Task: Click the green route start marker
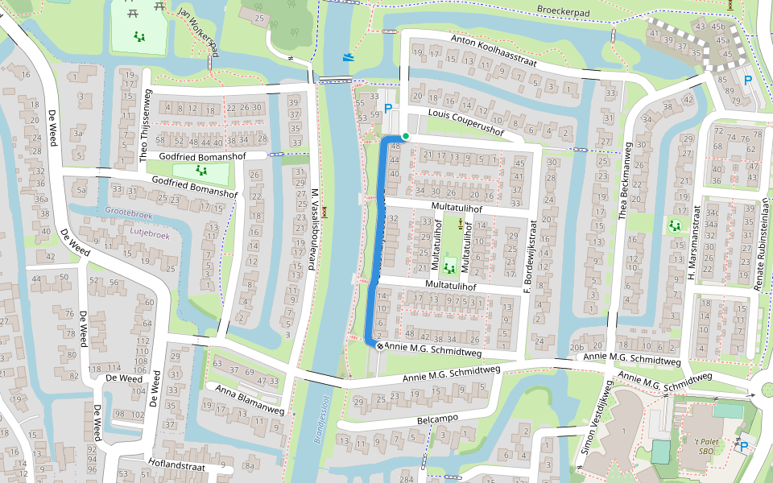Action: (x=406, y=136)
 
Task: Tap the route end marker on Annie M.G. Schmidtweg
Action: (x=379, y=346)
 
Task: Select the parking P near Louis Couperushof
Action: (x=388, y=109)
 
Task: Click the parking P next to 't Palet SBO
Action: (x=743, y=447)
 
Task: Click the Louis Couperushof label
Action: (x=460, y=122)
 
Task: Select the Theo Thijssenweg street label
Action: (x=147, y=125)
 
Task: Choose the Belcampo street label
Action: (x=437, y=419)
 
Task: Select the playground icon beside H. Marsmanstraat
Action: (x=673, y=226)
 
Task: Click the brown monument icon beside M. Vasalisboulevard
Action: (x=325, y=213)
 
